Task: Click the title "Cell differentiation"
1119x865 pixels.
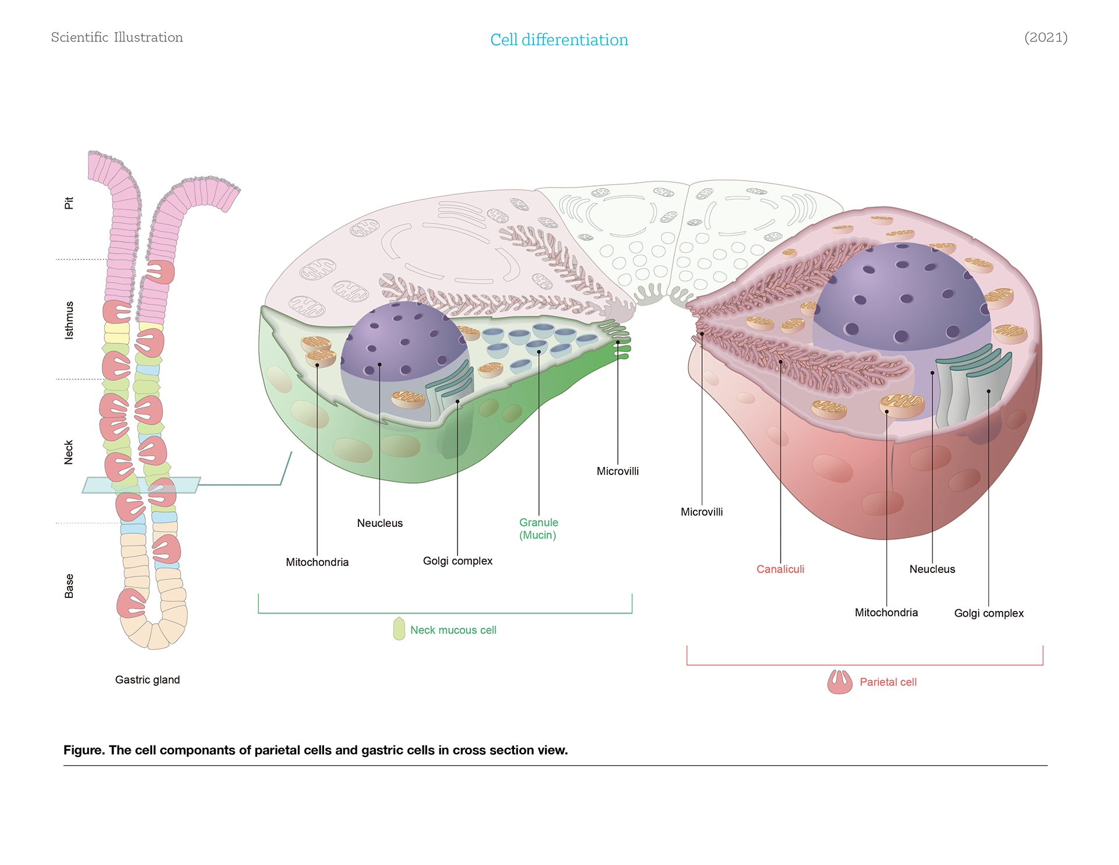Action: click(559, 40)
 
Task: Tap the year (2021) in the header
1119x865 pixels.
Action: click(1046, 37)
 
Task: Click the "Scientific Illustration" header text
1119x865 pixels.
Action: click(117, 37)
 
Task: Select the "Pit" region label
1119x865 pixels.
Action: click(69, 203)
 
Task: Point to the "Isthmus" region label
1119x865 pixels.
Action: click(69, 320)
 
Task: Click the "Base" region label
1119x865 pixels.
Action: click(69, 586)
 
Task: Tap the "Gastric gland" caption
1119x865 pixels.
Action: click(147, 680)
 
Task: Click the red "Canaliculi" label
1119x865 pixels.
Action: click(780, 569)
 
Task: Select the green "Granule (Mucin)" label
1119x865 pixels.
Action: click(539, 529)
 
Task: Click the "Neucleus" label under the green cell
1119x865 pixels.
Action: click(379, 523)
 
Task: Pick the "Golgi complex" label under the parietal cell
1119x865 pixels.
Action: click(988, 613)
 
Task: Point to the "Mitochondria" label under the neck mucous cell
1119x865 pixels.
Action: click(317, 562)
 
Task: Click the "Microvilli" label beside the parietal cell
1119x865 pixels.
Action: click(702, 512)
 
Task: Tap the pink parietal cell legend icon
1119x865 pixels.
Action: click(840, 681)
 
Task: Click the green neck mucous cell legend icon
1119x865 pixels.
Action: click(399, 629)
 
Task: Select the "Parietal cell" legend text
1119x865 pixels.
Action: click(888, 682)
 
